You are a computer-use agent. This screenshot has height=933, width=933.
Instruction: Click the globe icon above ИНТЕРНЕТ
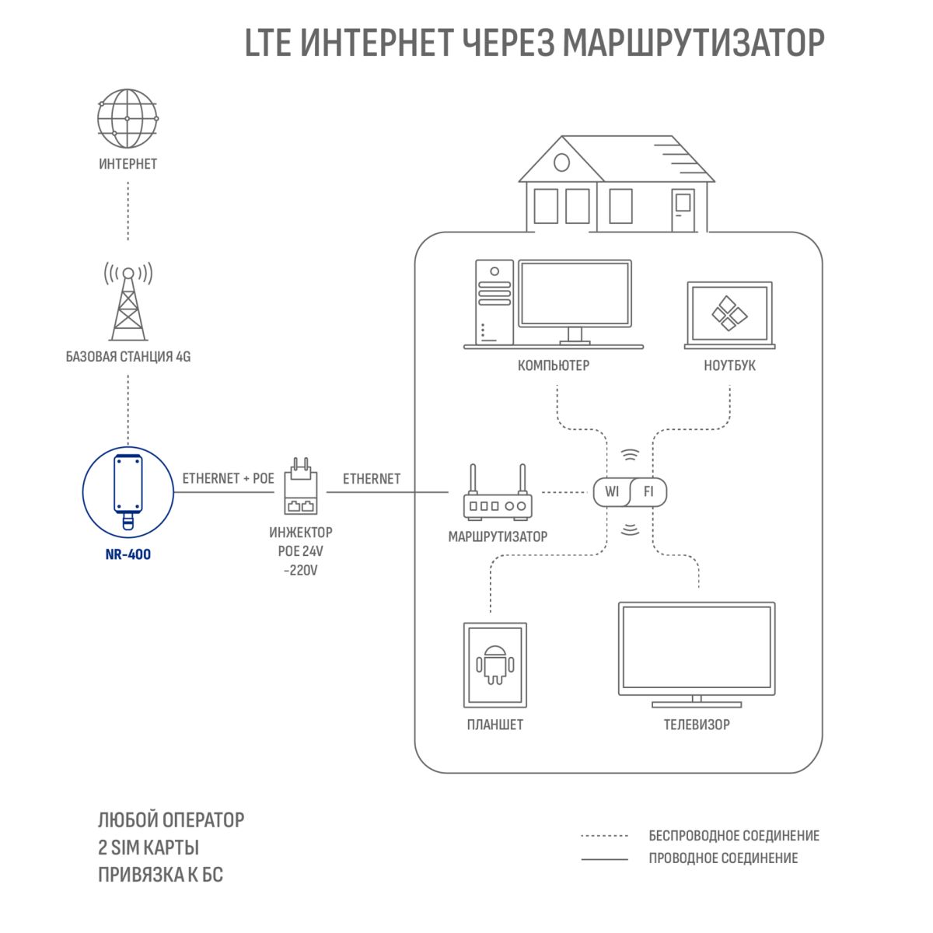coord(128,118)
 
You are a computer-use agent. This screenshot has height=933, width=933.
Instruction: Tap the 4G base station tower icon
coord(128,301)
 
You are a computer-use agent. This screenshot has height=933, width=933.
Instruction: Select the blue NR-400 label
coord(128,554)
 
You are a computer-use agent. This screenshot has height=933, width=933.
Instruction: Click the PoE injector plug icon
coord(301,486)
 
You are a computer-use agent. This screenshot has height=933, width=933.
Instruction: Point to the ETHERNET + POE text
coord(228,478)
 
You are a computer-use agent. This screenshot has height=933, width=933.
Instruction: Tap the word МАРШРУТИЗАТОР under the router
coord(498,536)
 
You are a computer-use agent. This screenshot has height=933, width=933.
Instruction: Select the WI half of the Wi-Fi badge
coord(612,492)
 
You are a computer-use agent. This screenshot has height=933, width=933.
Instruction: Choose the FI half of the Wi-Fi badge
coord(648,492)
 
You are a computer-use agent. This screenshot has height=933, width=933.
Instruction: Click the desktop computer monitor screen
coord(575,293)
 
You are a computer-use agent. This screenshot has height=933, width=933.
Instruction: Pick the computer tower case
coord(494,302)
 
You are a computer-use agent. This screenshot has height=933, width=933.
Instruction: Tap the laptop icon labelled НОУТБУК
coord(729,315)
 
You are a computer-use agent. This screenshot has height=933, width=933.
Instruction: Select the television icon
coord(697,655)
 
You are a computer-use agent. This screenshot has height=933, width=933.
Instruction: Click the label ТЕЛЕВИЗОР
coord(697,725)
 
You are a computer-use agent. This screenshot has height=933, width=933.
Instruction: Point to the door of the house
coord(683,210)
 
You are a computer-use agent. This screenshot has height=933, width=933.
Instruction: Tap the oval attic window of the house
coord(561,162)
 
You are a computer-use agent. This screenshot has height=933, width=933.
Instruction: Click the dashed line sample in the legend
coord(604,836)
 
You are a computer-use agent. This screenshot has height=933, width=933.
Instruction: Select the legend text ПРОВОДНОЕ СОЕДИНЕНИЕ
coord(723,858)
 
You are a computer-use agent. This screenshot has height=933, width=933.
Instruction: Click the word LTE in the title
coord(268,43)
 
